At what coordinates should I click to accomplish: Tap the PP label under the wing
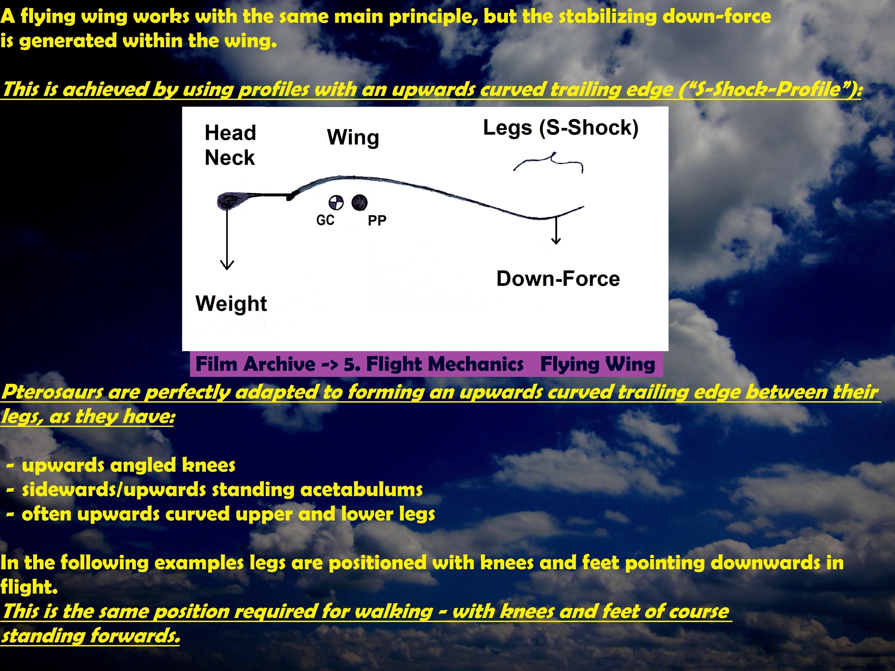(x=377, y=221)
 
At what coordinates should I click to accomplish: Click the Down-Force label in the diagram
(x=558, y=279)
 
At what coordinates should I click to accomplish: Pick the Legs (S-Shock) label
(x=561, y=128)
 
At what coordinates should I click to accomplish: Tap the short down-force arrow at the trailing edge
(x=556, y=231)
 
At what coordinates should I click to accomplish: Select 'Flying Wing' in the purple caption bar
(x=598, y=364)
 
